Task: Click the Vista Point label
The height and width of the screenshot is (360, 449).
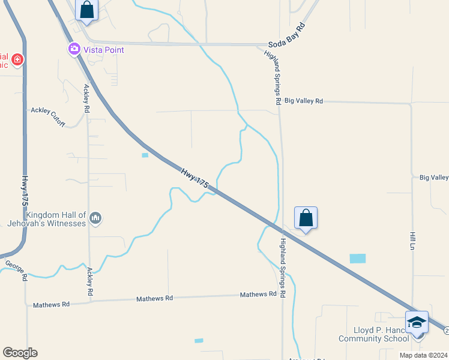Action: click(104, 50)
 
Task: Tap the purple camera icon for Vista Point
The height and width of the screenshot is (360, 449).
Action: click(74, 49)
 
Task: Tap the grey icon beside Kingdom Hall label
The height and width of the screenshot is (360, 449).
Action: click(95, 219)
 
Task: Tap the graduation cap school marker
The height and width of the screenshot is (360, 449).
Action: click(417, 322)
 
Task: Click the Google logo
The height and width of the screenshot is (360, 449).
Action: click(19, 353)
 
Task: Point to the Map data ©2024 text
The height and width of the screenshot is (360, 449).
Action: click(423, 355)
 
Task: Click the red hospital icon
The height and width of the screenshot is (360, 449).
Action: click(17, 59)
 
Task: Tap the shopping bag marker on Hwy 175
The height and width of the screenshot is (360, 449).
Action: click(306, 218)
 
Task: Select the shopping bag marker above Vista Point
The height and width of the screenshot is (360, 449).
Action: click(87, 10)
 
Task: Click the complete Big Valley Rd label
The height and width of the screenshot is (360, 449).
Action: click(304, 101)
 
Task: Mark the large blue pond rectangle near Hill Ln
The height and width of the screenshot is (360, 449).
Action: click(357, 259)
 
